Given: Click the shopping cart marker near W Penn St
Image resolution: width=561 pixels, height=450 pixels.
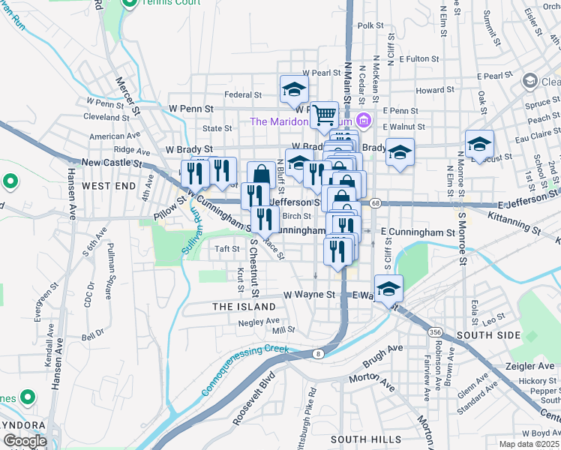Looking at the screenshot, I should pyautogui.click(x=324, y=115).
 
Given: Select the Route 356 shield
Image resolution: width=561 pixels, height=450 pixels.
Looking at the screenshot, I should pyautogui.click(x=435, y=331).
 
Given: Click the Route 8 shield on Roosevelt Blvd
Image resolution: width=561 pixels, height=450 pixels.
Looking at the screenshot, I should pyautogui.click(x=319, y=353).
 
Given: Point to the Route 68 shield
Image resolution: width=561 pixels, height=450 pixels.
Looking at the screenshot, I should pyautogui.click(x=376, y=203).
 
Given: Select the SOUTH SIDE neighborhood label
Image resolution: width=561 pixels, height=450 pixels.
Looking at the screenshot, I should pyautogui.click(x=488, y=334).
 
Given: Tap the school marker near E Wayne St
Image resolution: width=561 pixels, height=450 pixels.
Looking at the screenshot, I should pyautogui.click(x=388, y=289).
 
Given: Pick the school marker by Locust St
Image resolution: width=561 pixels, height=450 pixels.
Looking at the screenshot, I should pyautogui.click(x=479, y=145).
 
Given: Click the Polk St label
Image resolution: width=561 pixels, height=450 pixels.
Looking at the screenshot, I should pyautogui.click(x=370, y=25).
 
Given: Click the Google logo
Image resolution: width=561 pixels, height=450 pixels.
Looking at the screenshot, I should pyautogui.click(x=25, y=442).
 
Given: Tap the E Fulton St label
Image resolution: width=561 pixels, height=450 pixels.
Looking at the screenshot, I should pyautogui.click(x=418, y=58).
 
